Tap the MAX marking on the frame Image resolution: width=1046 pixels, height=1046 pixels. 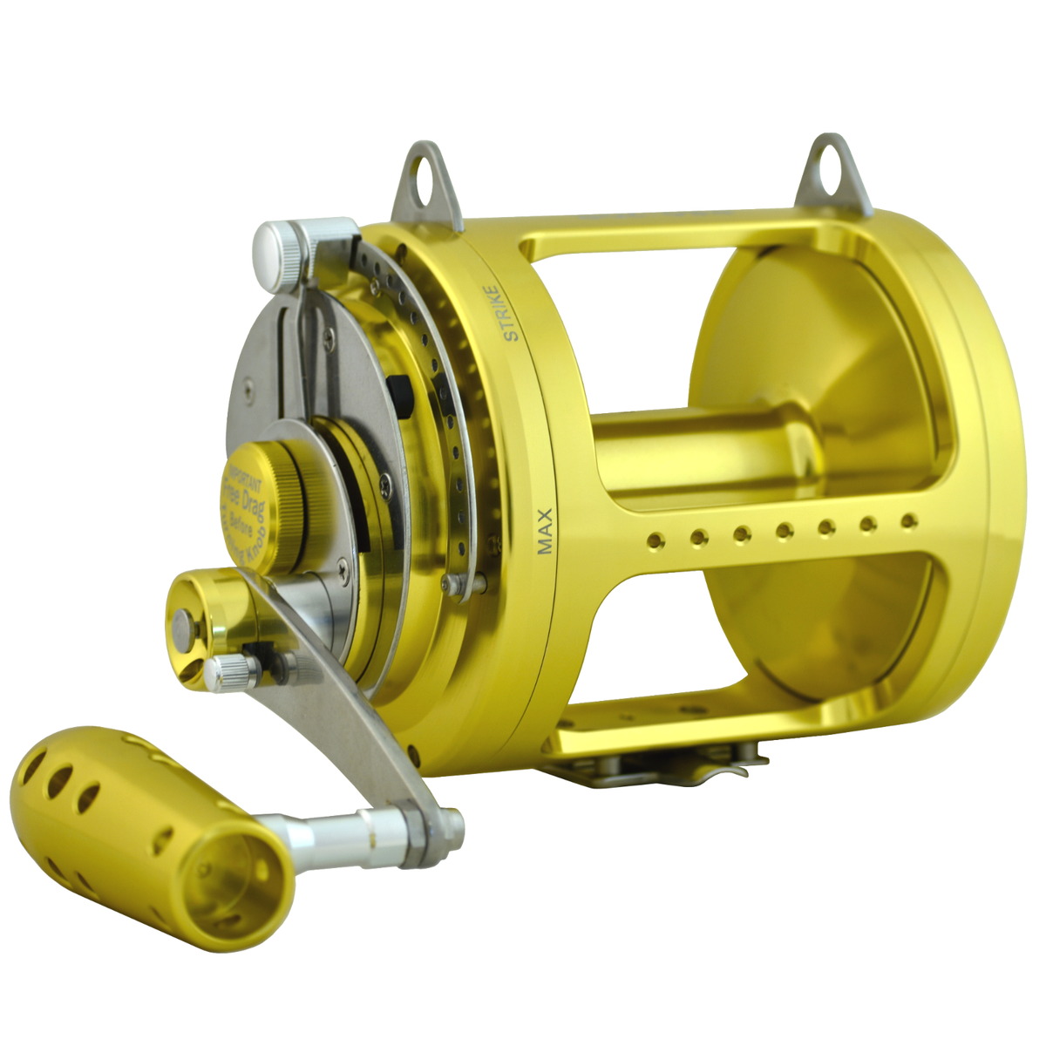(545, 532)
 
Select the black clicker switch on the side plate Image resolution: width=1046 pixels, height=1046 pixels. (402, 395)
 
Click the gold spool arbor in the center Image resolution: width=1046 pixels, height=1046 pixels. (697, 453)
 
